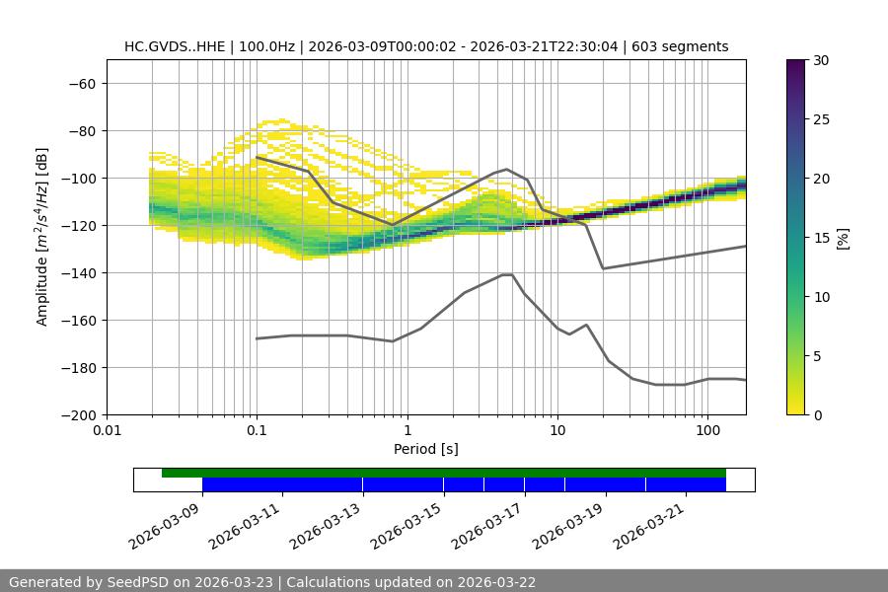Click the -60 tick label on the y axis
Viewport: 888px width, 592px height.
click(81, 83)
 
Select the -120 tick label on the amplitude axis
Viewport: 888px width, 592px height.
click(77, 225)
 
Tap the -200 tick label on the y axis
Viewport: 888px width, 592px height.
click(77, 414)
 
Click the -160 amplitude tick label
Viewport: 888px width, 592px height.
click(77, 320)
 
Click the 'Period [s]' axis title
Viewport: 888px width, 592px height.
click(426, 449)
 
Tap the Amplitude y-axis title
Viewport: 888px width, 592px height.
click(42, 237)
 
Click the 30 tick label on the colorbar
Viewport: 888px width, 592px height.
click(820, 60)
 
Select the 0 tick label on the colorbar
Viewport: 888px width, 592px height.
click(817, 414)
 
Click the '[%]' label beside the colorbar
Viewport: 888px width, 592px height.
click(843, 238)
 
